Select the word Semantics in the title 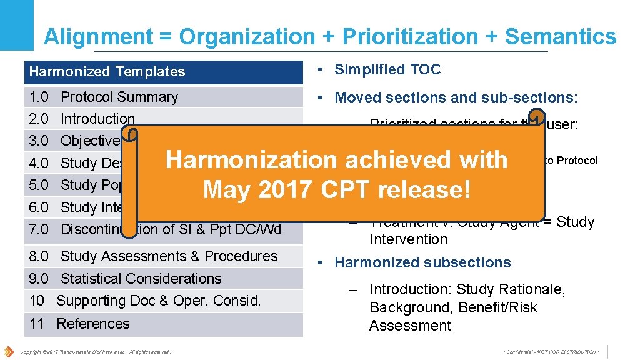click(560, 37)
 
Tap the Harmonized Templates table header click(107, 71)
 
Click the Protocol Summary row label click(119, 97)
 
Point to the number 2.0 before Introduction click(39, 119)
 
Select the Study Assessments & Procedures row click(169, 256)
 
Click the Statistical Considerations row click(141, 279)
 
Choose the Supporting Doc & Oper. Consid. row click(158, 301)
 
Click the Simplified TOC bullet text click(387, 69)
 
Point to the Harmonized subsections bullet click(422, 262)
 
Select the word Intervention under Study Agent click(408, 239)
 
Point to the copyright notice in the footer click(95, 352)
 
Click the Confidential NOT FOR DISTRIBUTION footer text click(551, 352)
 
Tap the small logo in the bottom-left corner click(9, 351)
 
